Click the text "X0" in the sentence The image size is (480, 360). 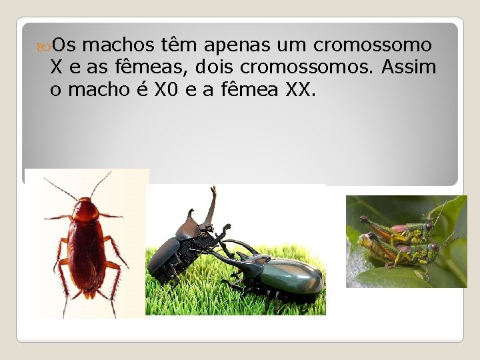click(165, 89)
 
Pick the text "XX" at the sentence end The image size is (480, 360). click(297, 89)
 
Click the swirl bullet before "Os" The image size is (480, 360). click(45, 45)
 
